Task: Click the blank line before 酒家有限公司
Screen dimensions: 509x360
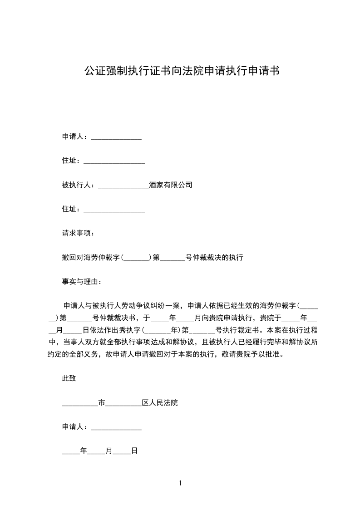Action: (123, 185)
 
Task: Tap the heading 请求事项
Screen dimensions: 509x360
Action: (78, 233)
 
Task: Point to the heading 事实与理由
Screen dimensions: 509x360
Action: (81, 282)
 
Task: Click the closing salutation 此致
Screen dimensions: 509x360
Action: (69, 378)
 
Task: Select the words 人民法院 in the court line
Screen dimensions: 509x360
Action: (164, 402)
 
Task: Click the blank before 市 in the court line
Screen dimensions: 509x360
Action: (79, 403)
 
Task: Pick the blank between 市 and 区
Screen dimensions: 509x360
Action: (123, 403)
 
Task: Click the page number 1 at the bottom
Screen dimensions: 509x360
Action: (180, 484)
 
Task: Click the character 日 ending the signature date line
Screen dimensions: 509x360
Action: (134, 451)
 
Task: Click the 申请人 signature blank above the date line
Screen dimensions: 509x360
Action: (116, 427)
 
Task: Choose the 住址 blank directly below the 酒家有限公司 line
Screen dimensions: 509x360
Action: (114, 209)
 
